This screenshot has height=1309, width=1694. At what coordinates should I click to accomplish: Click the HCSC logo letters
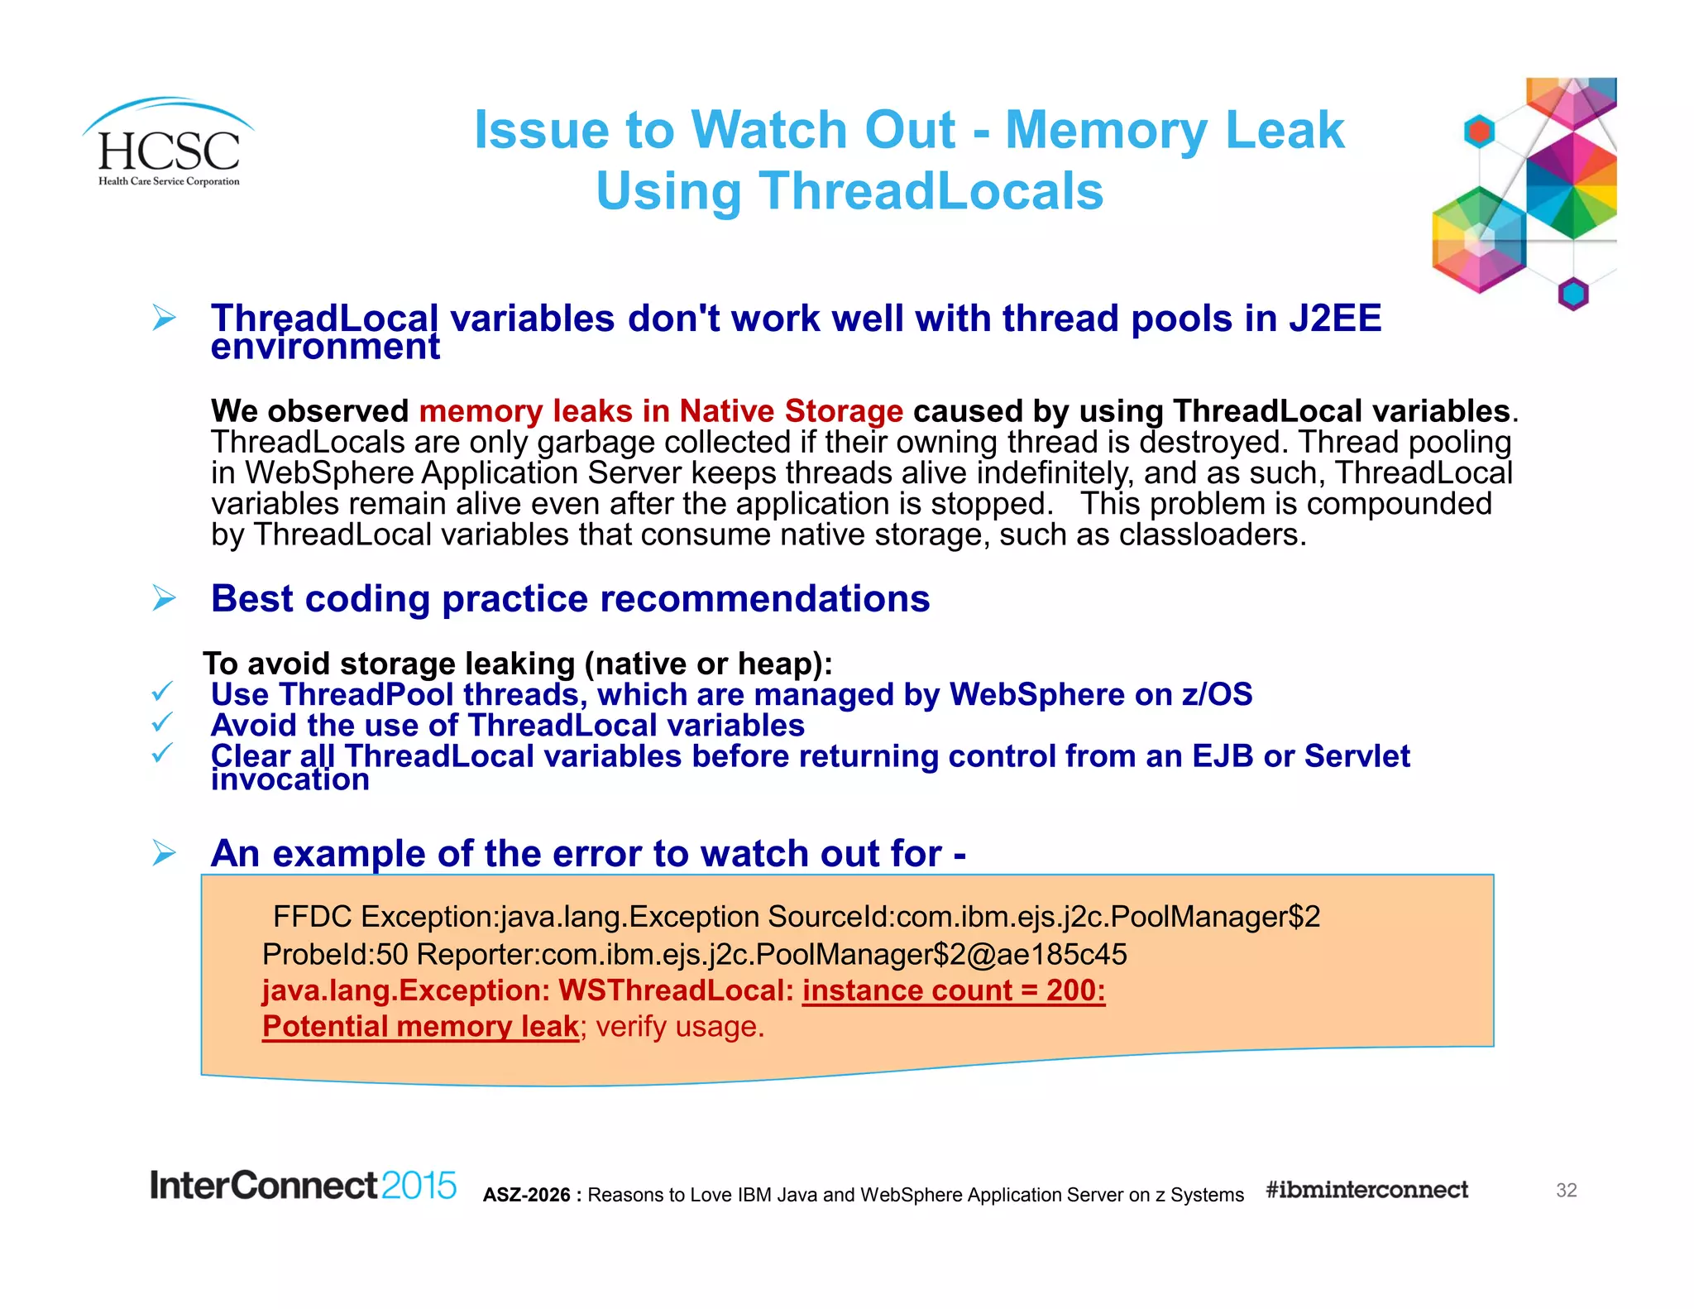[x=169, y=151]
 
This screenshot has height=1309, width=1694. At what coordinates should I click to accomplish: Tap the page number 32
[x=1566, y=1190]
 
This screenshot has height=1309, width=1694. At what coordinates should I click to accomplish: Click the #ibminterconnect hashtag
[x=1366, y=1190]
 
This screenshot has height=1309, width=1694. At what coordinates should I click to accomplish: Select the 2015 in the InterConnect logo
[x=419, y=1186]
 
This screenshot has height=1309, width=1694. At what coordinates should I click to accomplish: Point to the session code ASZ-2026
[x=527, y=1195]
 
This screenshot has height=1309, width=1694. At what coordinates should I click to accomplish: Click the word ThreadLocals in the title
[x=931, y=191]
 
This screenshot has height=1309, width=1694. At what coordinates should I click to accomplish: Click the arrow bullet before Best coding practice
[x=165, y=597]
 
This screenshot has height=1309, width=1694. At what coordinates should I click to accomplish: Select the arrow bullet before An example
[x=165, y=852]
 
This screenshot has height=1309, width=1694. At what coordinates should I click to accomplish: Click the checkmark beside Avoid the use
[x=162, y=722]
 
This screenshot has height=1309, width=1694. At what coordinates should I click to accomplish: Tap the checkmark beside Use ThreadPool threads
[x=162, y=691]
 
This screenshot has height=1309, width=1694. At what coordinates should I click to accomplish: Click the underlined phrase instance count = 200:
[x=953, y=990]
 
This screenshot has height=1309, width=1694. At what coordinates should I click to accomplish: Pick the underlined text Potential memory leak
[x=420, y=1027]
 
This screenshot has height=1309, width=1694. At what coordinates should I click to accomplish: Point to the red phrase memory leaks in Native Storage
[x=661, y=411]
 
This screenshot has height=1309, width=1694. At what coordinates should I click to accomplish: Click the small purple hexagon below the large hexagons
[x=1572, y=294]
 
